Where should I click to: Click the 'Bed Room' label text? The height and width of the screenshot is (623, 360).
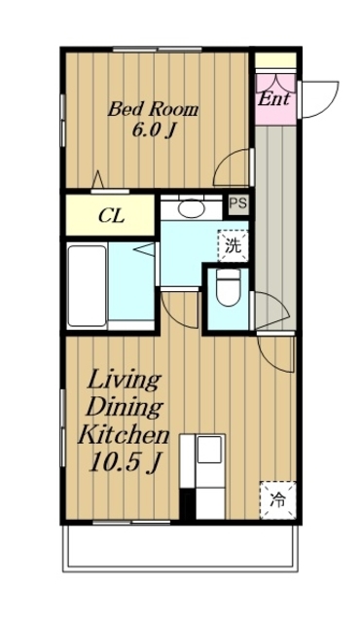pyautogui.click(x=153, y=109)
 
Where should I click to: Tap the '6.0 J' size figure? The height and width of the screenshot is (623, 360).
pyautogui.click(x=153, y=129)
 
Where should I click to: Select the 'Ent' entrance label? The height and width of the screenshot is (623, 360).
pyautogui.click(x=273, y=99)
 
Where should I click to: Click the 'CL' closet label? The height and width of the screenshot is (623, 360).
pyautogui.click(x=112, y=216)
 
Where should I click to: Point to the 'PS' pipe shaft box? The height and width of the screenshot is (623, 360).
pyautogui.click(x=238, y=203)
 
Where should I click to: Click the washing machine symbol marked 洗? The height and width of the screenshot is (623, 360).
pyautogui.click(x=233, y=246)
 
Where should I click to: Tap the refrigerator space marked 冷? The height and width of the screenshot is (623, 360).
pyautogui.click(x=278, y=499)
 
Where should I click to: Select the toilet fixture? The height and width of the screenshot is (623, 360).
pyautogui.click(x=229, y=287)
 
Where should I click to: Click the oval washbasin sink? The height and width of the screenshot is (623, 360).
pyautogui.click(x=191, y=207)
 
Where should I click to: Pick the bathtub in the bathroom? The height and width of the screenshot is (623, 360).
pyautogui.click(x=87, y=285)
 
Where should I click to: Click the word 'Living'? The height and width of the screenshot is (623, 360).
pyautogui.click(x=124, y=381)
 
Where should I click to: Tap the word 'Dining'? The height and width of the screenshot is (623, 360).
pyautogui.click(x=125, y=407)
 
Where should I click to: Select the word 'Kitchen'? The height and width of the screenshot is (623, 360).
pyautogui.click(x=124, y=435)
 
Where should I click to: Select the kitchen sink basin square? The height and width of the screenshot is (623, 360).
pyautogui.click(x=209, y=450)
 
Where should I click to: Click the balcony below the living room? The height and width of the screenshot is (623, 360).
pyautogui.click(x=180, y=549)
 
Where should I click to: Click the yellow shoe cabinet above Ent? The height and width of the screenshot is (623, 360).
pyautogui.click(x=275, y=60)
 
